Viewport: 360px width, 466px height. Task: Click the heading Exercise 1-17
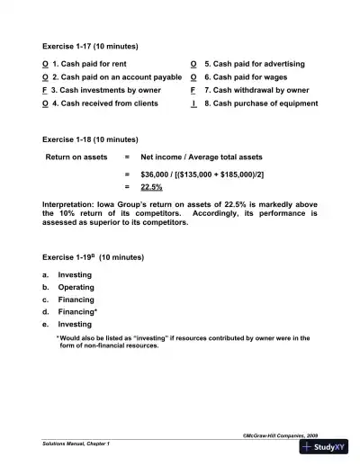click(x=90, y=46)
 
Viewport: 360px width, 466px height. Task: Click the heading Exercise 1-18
click(x=90, y=140)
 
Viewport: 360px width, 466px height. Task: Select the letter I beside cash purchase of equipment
click(x=194, y=104)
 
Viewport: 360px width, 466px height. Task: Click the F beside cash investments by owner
click(x=46, y=91)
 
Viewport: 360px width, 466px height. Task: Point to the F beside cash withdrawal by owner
click(x=194, y=91)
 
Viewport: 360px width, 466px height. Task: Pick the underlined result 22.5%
click(x=151, y=187)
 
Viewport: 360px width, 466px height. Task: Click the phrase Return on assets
click(x=76, y=157)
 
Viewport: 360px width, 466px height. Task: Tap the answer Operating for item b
click(x=76, y=287)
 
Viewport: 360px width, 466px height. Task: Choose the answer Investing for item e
click(x=75, y=324)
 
